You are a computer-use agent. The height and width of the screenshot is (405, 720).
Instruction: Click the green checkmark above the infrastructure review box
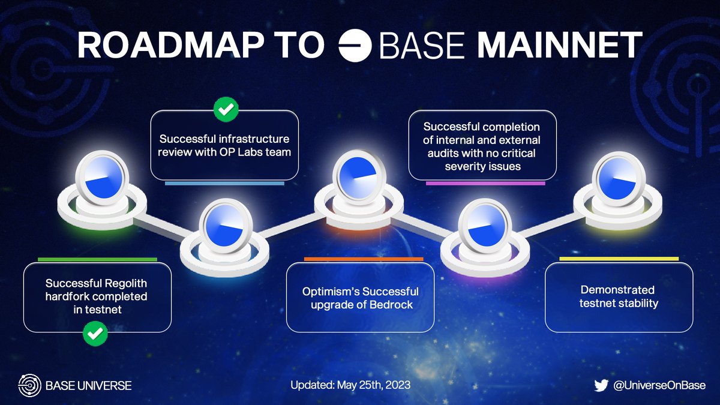tap(226, 109)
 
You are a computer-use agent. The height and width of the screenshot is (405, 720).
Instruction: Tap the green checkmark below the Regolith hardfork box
tap(95, 334)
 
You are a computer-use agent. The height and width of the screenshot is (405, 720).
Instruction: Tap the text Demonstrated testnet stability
tap(619, 296)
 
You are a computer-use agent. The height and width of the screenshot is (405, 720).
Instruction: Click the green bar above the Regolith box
tap(97, 259)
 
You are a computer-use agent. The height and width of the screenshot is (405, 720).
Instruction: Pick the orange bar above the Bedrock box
tap(364, 259)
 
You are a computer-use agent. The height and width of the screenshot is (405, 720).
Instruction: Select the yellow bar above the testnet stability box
tap(619, 259)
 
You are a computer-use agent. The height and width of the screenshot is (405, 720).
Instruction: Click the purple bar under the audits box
tap(485, 183)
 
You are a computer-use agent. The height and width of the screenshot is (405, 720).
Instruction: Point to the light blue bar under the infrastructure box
tap(224, 183)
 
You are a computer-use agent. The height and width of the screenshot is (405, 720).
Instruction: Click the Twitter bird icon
tap(601, 385)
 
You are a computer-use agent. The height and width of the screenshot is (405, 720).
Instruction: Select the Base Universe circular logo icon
tap(29, 385)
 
